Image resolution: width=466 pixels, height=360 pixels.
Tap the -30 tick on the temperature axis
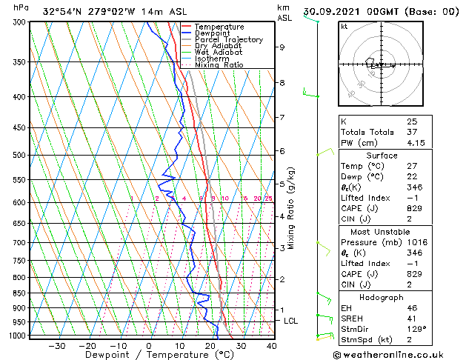point(56,345)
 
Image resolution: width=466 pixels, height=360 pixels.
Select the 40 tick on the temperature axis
point(271,345)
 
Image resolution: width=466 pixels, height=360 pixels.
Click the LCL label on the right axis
point(291,321)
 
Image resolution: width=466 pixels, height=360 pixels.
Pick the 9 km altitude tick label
point(282,47)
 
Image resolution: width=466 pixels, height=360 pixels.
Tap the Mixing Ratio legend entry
point(219,65)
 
